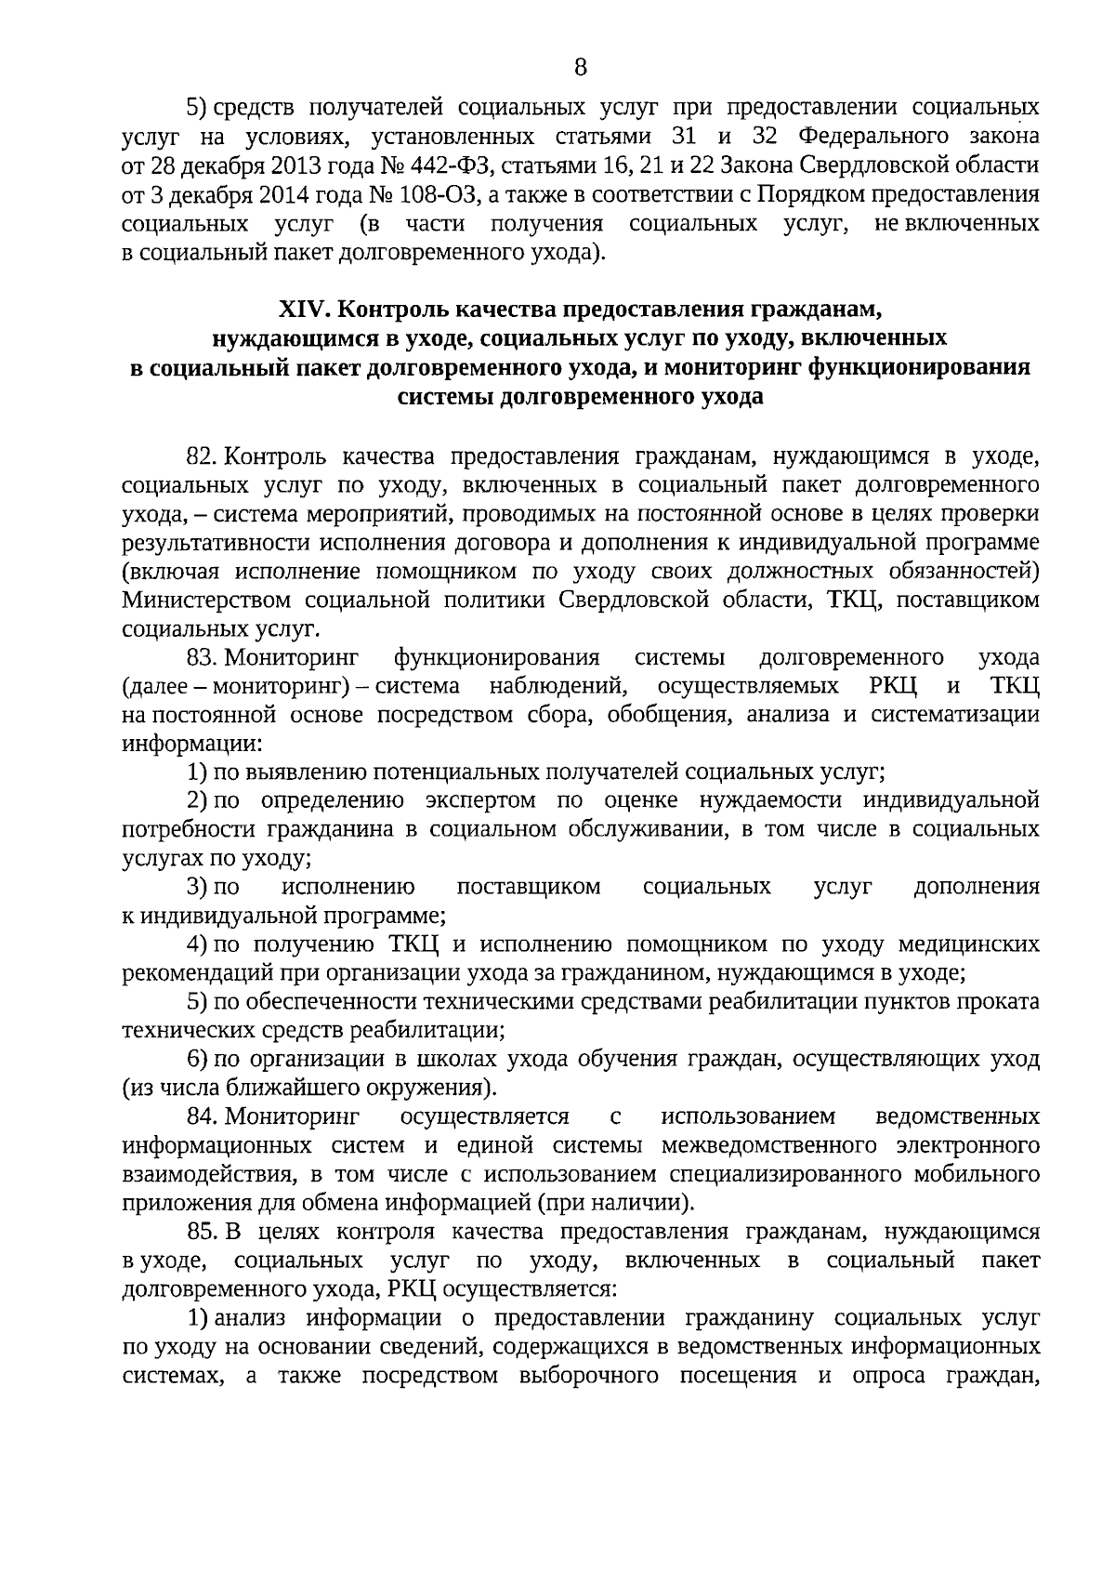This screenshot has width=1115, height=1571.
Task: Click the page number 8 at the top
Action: (x=581, y=67)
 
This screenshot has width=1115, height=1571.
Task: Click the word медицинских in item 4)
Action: (x=969, y=944)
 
